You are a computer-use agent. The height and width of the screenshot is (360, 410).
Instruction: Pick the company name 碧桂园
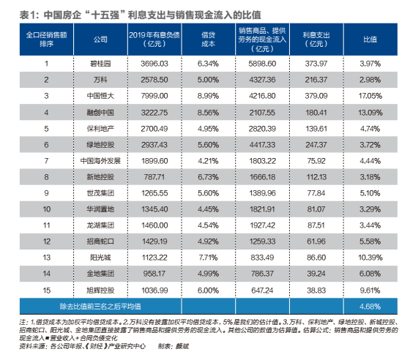coord(99,64)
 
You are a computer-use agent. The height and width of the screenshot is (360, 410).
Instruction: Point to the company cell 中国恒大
coord(99,95)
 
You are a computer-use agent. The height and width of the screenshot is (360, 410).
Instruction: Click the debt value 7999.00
coord(154,95)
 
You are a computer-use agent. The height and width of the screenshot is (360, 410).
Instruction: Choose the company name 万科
coord(99,79)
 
